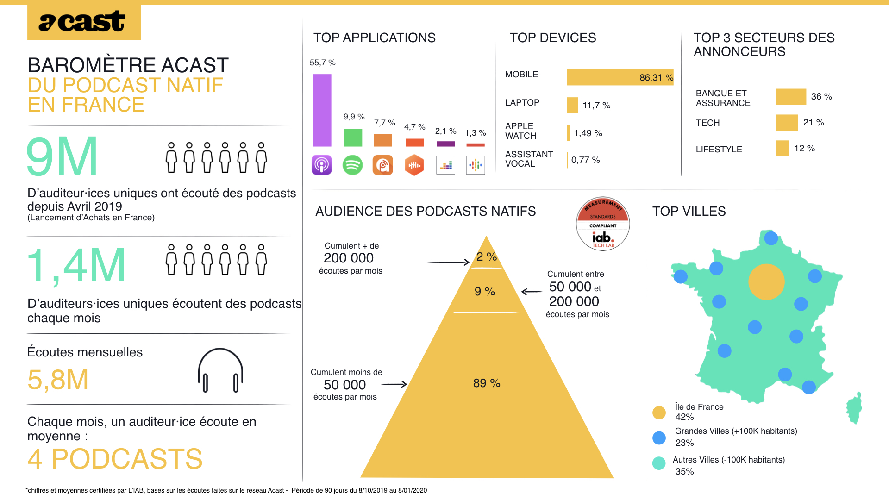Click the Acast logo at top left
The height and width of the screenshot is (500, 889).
[84, 22]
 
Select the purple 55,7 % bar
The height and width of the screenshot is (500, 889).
[322, 110]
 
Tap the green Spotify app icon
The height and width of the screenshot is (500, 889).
[352, 165]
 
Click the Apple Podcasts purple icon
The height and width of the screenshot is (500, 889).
[322, 165]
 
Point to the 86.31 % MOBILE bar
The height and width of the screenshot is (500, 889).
[620, 77]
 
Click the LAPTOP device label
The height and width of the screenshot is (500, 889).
[522, 102]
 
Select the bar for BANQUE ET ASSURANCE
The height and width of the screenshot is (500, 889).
[791, 96]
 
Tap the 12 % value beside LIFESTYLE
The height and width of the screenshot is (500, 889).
[804, 148]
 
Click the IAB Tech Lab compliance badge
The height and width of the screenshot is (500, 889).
[603, 224]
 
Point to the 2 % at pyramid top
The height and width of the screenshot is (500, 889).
[486, 256]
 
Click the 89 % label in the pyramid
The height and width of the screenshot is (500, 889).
[487, 383]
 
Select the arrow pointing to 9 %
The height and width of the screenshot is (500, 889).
[532, 292]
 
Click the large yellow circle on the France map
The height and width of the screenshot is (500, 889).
[766, 281]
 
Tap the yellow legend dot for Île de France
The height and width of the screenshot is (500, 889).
[659, 412]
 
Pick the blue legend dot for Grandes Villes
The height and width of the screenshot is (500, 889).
[659, 437]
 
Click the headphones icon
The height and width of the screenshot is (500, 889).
[220, 370]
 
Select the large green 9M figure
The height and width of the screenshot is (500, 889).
[62, 156]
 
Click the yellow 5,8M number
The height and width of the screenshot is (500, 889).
[58, 380]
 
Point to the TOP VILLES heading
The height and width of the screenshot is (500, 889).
[689, 211]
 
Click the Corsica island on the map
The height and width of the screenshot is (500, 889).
[855, 408]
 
